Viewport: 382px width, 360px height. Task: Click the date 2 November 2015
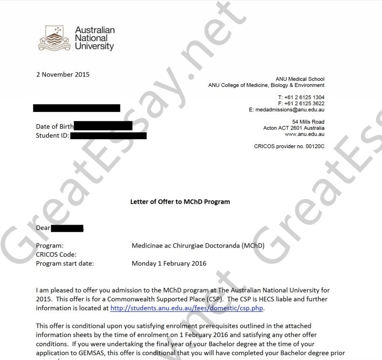[x=63, y=75]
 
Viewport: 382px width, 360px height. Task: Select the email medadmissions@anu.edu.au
[x=286, y=109]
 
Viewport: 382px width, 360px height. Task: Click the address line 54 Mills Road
[x=308, y=122]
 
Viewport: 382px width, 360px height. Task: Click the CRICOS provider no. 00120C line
[x=289, y=146]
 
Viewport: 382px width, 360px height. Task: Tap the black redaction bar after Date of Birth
[x=103, y=126]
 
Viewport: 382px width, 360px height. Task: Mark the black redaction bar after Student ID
[x=108, y=136]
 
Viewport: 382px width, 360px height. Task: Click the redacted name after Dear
[x=67, y=228]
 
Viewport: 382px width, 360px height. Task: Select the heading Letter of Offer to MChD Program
[x=180, y=202]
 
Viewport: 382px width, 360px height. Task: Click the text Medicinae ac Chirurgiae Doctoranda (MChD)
[x=198, y=246]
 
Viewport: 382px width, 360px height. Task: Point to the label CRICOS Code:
[x=56, y=254]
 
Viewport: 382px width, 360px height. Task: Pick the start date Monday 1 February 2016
[x=169, y=263]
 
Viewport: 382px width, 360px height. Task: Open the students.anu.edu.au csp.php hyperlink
[x=187, y=308]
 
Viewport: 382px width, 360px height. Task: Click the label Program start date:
[x=65, y=263]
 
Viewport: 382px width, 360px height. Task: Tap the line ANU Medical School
[x=300, y=79]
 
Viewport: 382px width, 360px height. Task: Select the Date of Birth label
[x=55, y=127]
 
